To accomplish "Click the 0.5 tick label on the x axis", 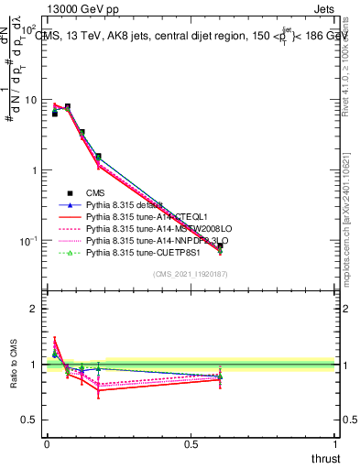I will tap(191, 443).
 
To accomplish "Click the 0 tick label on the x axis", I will tap(47, 443).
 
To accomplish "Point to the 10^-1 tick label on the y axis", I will tap(27, 240).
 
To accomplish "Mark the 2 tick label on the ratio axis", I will tap(35, 309).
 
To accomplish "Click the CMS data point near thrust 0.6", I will tap(220, 246).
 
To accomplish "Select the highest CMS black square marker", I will tap(67, 106).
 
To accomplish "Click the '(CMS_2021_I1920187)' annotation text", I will tap(190, 275).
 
